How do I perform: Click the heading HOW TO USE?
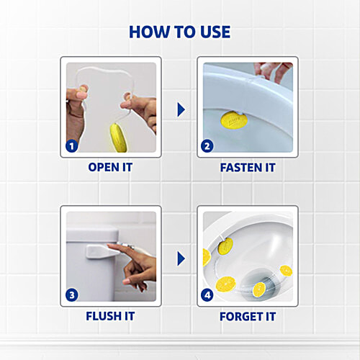click(x=180, y=32)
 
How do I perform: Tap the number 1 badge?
click(x=72, y=146)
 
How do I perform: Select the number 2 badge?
click(x=208, y=146)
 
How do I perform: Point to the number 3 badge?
click(x=72, y=294)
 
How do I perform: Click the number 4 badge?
click(x=208, y=294)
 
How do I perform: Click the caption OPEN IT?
click(x=110, y=168)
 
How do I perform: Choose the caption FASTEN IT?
click(x=247, y=168)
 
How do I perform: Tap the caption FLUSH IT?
click(x=110, y=316)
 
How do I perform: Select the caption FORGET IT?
click(x=247, y=316)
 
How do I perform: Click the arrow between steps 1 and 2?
click(x=181, y=109)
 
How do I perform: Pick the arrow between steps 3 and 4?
click(x=181, y=258)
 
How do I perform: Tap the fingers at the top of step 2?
click(x=274, y=71)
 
